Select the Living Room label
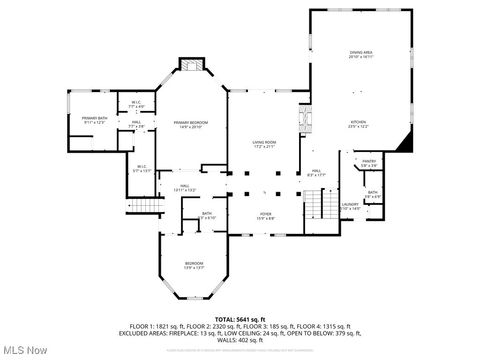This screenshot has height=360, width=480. [263, 145]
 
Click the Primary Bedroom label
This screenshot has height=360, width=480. [191, 125]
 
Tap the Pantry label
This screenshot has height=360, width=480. [369, 163]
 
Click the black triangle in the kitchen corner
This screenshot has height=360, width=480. [403, 143]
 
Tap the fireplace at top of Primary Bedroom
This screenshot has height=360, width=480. [190, 65]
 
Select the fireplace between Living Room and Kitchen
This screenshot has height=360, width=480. [307, 120]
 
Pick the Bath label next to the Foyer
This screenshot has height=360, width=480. [207, 215]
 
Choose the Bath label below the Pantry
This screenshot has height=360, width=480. [372, 194]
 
